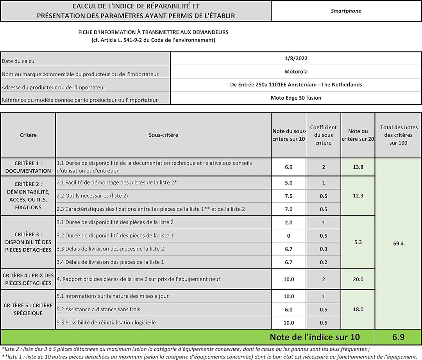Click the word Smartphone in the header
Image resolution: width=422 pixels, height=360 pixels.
pos(346,11)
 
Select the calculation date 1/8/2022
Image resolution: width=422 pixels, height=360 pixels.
pos(296,59)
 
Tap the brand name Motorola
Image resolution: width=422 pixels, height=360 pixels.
pos(296,72)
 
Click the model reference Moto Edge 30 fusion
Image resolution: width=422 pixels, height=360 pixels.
pos(296,98)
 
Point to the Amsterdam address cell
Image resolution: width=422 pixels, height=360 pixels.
pos(296,84)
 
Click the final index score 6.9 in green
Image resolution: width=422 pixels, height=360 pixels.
pos(398,337)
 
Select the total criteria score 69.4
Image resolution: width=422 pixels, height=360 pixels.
pos(398,244)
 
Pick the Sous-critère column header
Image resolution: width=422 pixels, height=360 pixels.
pos(163,135)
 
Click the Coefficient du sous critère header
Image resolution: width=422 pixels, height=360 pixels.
pos(323,135)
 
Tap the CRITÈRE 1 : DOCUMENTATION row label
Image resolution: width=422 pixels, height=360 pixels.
pos(28,167)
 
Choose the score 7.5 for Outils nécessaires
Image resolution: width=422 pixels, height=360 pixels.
pos(288,196)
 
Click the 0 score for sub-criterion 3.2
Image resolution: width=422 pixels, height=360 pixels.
pos(288,236)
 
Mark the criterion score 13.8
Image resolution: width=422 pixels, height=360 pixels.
pos(358,167)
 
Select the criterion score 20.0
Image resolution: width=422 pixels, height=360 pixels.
pos(358,279)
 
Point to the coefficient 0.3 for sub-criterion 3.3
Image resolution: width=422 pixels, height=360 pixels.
pos(323,249)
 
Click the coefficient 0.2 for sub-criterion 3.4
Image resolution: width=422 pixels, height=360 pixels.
pos(323,262)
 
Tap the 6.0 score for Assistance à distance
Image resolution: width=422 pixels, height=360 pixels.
pos(288,310)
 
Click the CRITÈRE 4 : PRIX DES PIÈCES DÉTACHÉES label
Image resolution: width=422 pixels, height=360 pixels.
pos(28,279)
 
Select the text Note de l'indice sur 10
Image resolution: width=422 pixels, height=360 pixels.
pos(315,337)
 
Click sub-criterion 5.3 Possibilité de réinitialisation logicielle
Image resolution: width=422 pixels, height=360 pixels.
pos(106,322)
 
